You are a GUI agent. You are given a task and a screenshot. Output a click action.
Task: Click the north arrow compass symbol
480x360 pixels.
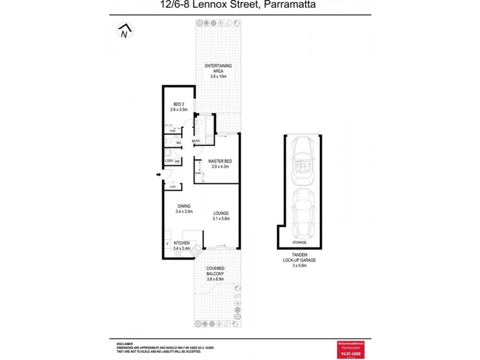tap(125, 31)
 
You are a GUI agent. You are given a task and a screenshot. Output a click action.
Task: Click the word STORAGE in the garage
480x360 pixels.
tap(299, 242)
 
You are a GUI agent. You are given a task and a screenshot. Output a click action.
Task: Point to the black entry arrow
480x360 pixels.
tap(158, 175)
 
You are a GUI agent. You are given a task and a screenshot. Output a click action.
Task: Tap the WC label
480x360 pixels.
tap(178, 143)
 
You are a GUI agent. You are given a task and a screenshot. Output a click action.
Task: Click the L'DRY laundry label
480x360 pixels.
tap(169, 161)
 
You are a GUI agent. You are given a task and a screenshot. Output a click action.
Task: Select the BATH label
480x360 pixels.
tap(196, 142)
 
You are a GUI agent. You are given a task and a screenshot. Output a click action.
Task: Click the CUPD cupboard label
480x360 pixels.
tap(172, 187)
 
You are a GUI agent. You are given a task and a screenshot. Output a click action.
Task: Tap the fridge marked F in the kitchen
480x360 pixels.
tap(167, 244)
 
